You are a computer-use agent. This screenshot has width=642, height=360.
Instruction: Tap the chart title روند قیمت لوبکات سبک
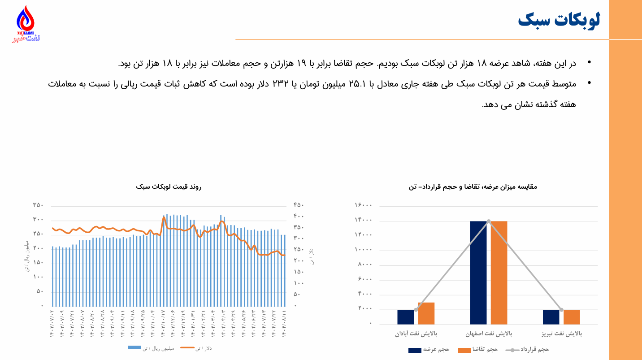(169, 187)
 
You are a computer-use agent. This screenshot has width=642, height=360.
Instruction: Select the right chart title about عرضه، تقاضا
(473, 187)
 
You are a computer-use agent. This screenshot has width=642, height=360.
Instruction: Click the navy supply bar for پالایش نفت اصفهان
(478, 273)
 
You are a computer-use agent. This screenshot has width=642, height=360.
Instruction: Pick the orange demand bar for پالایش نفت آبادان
(426, 313)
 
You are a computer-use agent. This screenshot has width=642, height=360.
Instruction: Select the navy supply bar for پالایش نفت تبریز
(551, 317)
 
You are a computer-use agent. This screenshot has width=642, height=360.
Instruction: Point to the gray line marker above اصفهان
(489, 221)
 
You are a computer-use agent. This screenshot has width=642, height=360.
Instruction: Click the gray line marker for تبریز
(561, 310)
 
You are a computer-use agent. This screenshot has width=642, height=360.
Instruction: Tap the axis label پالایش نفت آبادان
(416, 334)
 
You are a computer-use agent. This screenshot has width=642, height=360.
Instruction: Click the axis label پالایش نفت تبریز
(561, 334)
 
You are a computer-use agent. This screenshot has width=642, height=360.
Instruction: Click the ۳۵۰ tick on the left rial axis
(38, 205)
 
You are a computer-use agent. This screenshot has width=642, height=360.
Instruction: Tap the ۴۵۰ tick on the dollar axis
(299, 205)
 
